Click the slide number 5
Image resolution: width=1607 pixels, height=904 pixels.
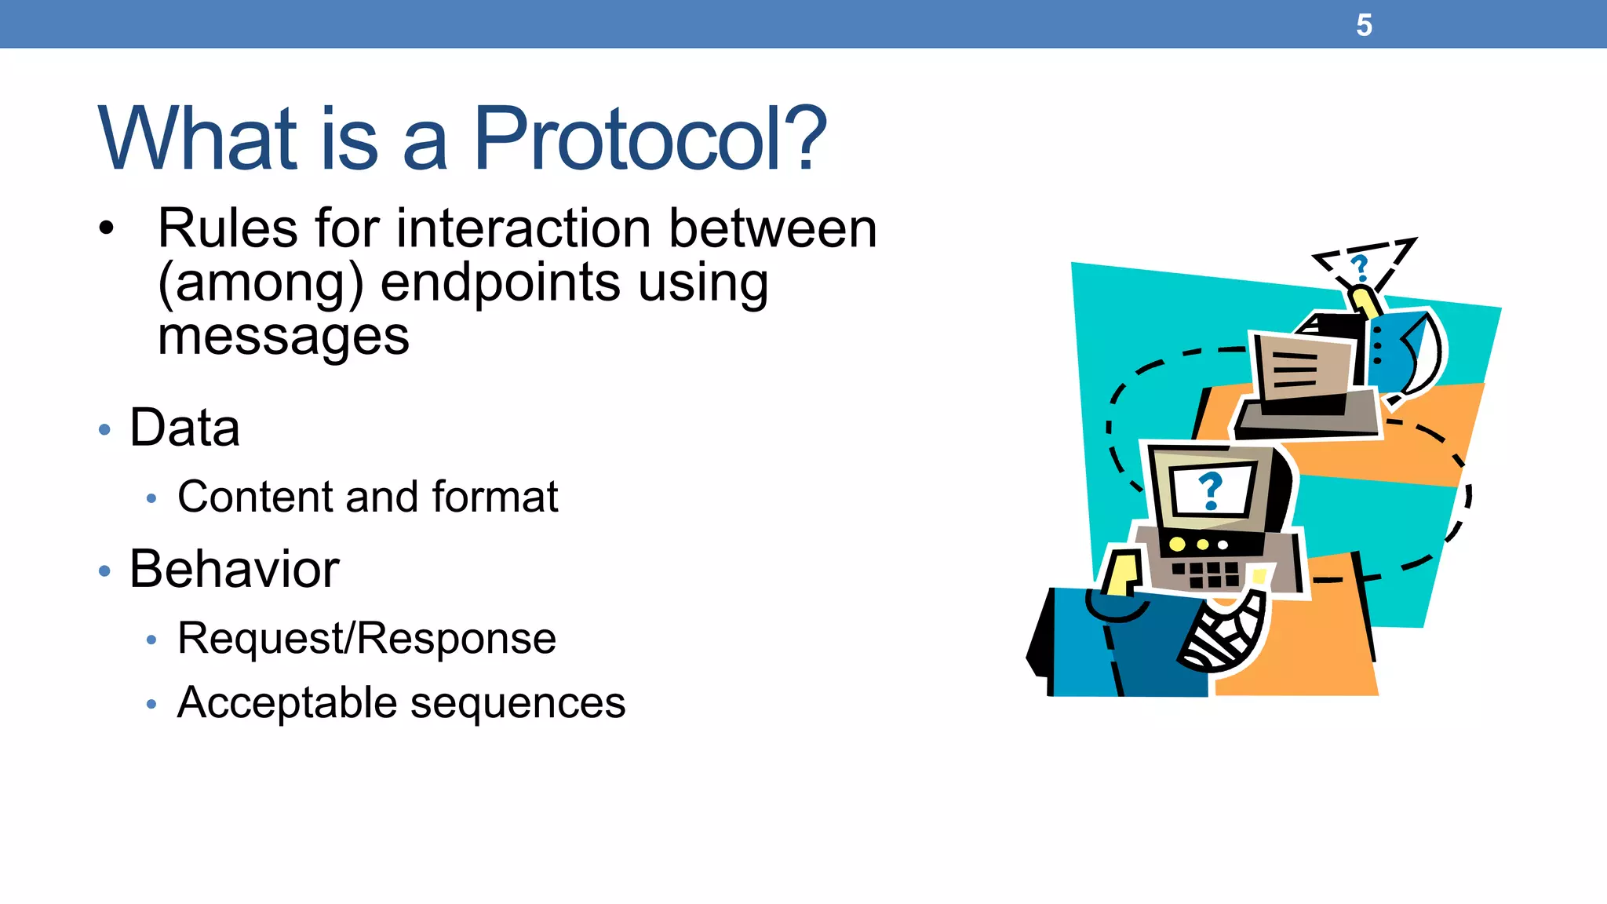pos(1364,26)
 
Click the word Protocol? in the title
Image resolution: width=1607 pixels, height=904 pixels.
pos(650,139)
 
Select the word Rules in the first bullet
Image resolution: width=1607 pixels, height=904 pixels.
pos(228,228)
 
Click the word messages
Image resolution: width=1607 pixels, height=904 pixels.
pos(283,337)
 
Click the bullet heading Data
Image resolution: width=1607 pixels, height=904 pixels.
pos(184,428)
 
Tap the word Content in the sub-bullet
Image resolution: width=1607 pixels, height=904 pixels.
pos(256,497)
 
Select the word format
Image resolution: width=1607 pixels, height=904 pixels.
pos(494,497)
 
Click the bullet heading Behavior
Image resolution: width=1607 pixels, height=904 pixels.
pos(234,569)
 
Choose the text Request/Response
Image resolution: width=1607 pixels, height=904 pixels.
pos(366,638)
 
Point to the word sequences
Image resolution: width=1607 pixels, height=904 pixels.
pos(518,704)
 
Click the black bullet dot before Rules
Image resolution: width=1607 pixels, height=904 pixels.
pos(107,228)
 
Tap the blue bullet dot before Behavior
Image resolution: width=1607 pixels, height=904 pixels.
pos(104,570)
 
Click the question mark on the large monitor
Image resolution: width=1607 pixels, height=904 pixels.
pos(1211,490)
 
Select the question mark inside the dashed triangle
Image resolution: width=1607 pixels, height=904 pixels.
pos(1360,268)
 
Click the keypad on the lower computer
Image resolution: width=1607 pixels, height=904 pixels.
pos(1206,574)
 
